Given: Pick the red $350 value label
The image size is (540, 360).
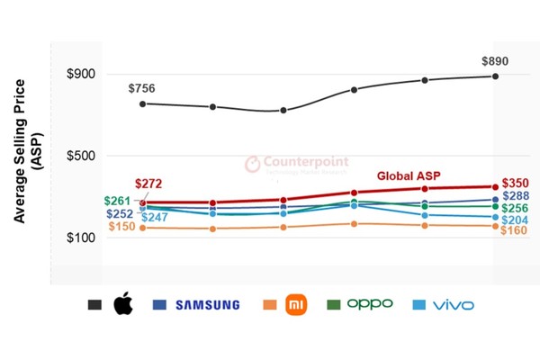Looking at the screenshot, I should coord(515,183).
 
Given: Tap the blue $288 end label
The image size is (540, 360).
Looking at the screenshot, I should coord(515,196).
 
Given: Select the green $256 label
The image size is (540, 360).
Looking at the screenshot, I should coord(515,209).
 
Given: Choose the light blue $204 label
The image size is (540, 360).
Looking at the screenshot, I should coord(515,220).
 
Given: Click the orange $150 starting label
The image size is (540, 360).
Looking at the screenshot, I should coord(121,227).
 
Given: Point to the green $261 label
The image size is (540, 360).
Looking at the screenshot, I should coord(118,201).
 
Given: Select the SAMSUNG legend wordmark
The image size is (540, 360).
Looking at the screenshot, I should coord(207,305).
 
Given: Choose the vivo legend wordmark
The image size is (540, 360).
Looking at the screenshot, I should coord(453,305).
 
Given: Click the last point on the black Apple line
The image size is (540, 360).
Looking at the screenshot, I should coord(495,76).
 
